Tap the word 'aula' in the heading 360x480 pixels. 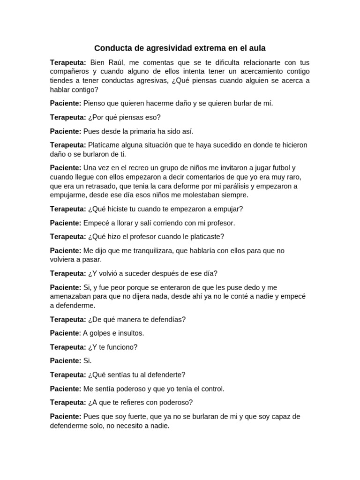257,48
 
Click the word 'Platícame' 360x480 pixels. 104,145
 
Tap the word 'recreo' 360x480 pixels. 134,168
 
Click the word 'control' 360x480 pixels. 212,389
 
